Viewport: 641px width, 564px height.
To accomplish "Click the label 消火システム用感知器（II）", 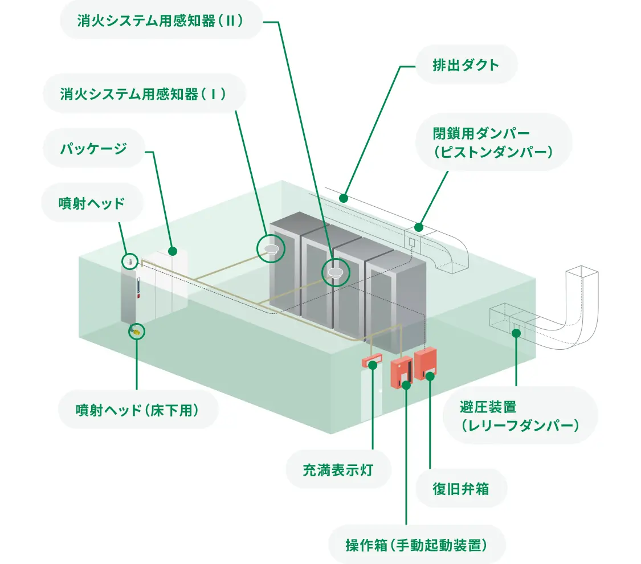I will tap(160, 21).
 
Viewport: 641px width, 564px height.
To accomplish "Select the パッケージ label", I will tap(93, 149).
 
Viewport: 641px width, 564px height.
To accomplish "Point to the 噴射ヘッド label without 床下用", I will tap(91, 202).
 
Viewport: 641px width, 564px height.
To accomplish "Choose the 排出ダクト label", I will tap(466, 64).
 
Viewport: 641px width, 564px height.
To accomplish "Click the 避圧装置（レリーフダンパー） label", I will tap(519, 415).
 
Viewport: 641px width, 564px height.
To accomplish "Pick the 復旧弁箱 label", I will tap(461, 488).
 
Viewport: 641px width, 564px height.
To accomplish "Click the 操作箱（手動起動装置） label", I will tap(417, 545).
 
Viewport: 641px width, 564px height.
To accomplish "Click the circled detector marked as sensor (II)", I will tap(336, 272).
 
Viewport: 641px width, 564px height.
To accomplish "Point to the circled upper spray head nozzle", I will tap(130, 261).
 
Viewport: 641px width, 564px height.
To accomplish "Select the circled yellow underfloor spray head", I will tap(137, 330).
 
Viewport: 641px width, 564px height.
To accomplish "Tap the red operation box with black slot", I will tap(401, 372).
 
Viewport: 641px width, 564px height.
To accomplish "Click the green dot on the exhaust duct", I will tap(344, 198).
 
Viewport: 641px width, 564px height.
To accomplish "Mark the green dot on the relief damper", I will tap(516, 332).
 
